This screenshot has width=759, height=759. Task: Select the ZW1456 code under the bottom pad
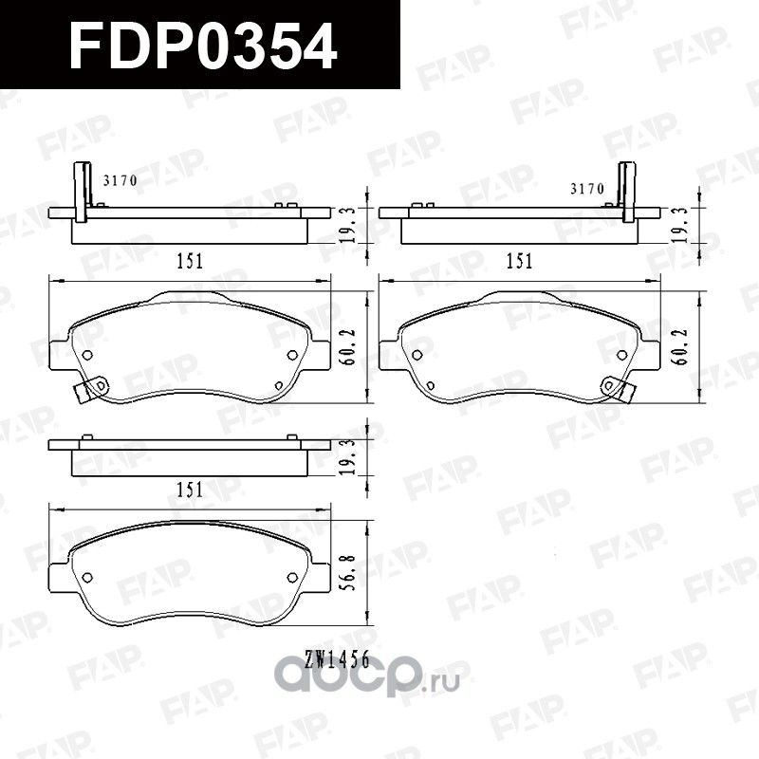(x=338, y=656)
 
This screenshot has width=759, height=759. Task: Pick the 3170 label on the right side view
(x=586, y=189)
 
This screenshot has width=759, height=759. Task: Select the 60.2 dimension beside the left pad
(x=347, y=341)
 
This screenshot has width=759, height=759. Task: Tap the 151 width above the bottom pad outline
(x=190, y=490)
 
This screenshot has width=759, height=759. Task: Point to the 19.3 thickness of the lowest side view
(x=347, y=456)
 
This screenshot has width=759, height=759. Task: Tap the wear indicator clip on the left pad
(x=93, y=389)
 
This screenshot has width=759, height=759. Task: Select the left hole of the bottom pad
(x=87, y=578)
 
